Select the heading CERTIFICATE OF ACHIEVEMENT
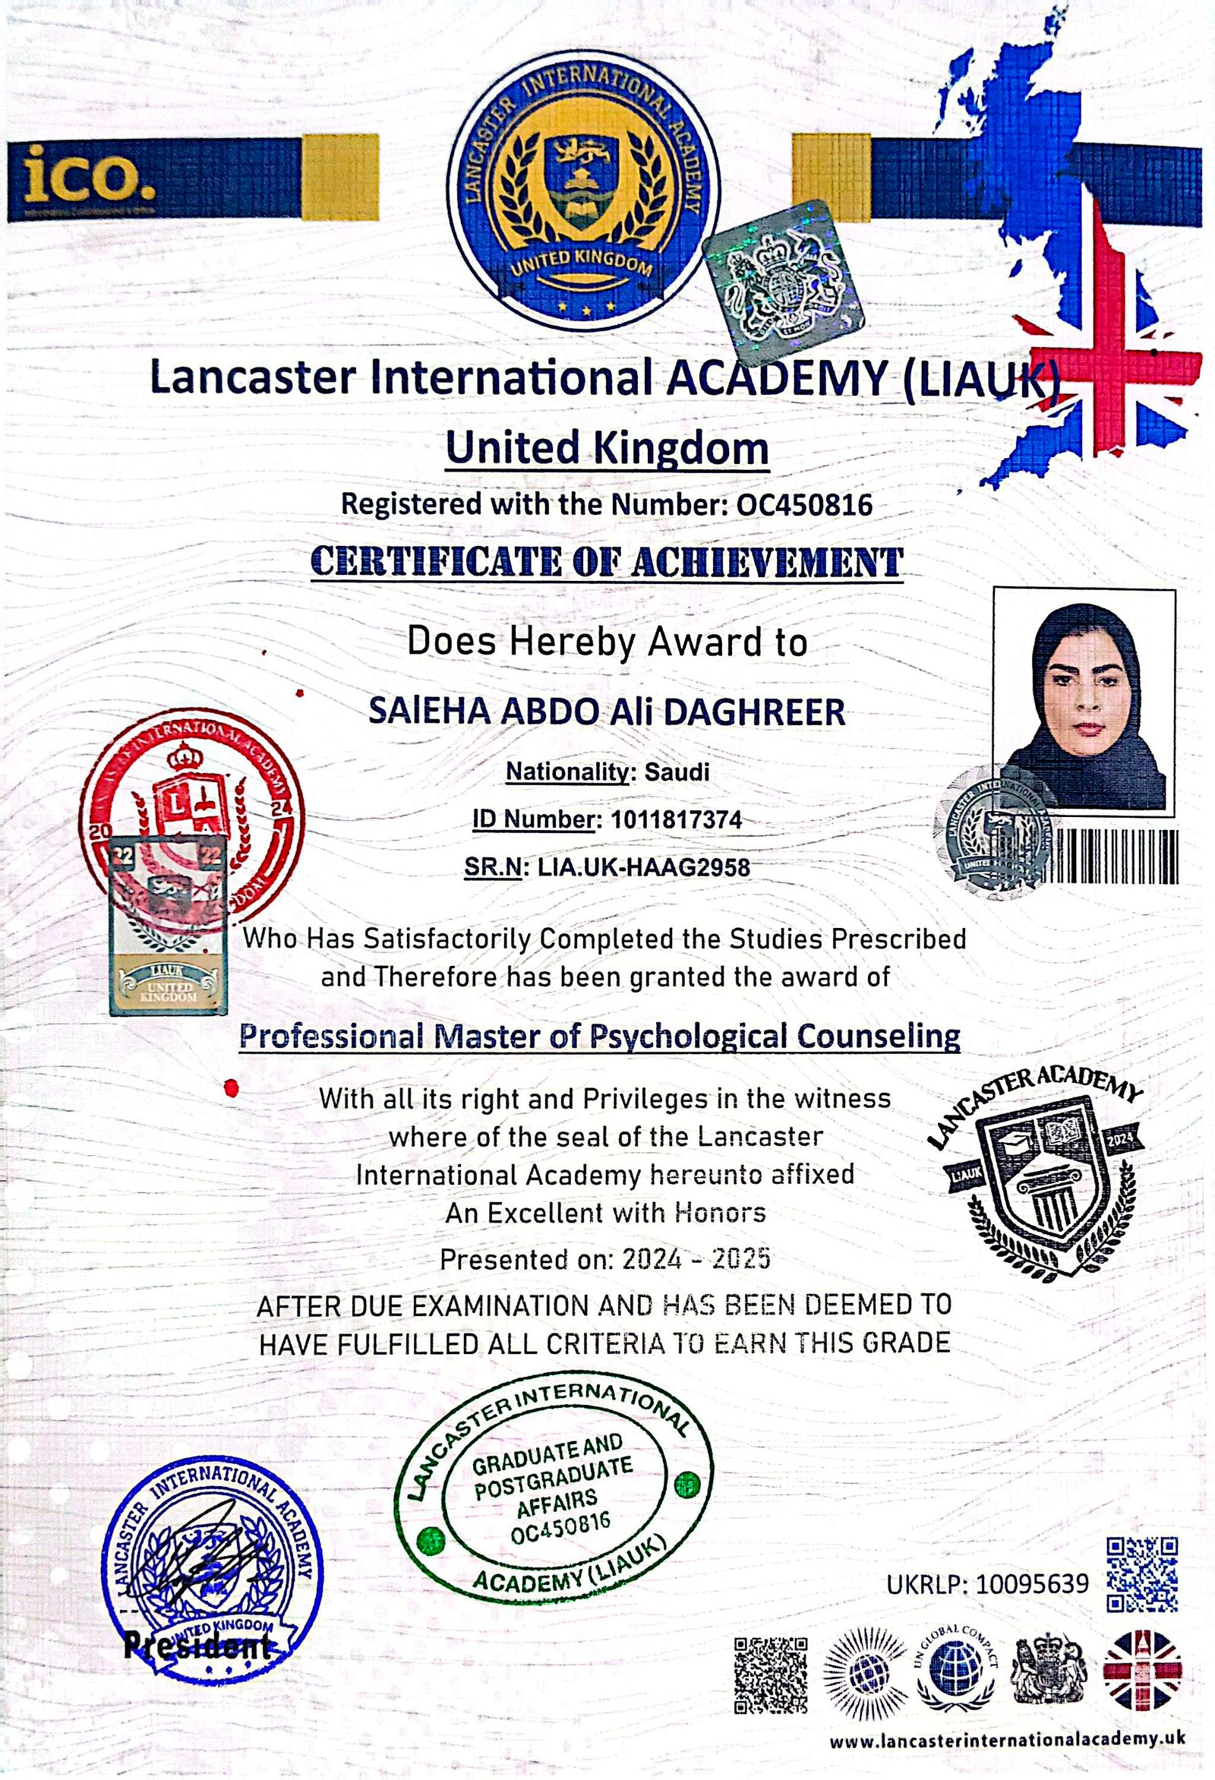coord(607,563)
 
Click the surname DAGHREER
coord(754,712)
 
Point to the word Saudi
coord(677,772)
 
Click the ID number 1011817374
coord(676,820)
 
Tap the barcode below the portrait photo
coord(1116,857)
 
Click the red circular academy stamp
coord(191,812)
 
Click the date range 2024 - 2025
coord(696,1259)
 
